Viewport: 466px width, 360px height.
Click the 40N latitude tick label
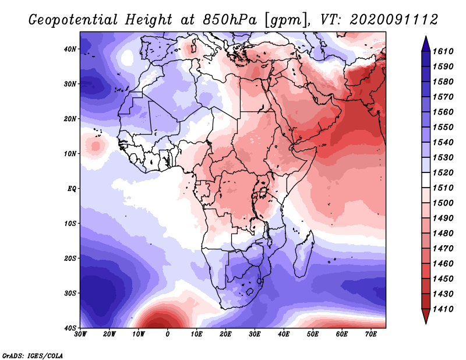pyautogui.click(x=70, y=49)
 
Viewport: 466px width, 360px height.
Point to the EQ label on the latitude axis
pyautogui.click(x=72, y=189)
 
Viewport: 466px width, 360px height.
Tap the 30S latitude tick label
pyautogui.click(x=70, y=294)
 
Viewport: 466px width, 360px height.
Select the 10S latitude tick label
pyautogui.click(x=70, y=224)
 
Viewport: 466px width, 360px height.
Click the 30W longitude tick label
pyautogui.click(x=80, y=334)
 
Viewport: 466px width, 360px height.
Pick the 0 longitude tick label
pyautogui.click(x=168, y=334)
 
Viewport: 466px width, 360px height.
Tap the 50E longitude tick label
pyautogui.click(x=313, y=334)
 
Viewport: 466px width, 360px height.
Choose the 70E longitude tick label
pyautogui.click(x=371, y=334)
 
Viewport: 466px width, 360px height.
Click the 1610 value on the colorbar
pyautogui.click(x=443, y=51)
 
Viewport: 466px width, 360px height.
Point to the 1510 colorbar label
pyautogui.click(x=443, y=188)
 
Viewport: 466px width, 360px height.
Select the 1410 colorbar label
pyautogui.click(x=443, y=309)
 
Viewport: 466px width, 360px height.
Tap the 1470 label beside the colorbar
pyautogui.click(x=443, y=249)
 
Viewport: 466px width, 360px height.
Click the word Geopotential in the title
pyautogui.click(x=73, y=20)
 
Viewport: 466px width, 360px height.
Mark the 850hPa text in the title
pyautogui.click(x=230, y=20)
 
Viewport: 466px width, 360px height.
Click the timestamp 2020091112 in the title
pyautogui.click(x=394, y=20)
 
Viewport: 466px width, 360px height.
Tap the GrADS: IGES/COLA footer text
pyautogui.click(x=33, y=356)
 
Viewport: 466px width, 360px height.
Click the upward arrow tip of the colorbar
pyautogui.click(x=426, y=37)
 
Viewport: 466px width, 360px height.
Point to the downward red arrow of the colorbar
pyautogui.click(x=426, y=316)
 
